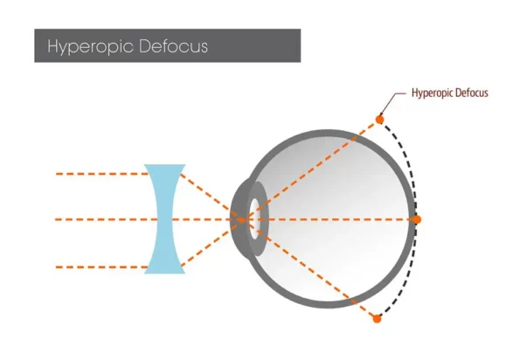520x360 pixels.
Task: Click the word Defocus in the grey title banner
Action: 173,45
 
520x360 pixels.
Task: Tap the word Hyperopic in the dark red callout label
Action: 432,93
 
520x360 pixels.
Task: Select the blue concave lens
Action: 164,219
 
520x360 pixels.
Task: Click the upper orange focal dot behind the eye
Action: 379,120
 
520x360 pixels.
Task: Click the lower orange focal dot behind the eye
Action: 377,319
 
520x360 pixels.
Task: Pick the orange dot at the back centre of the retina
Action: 417,219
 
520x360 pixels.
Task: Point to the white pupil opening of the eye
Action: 254,218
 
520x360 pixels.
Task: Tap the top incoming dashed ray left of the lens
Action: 101,174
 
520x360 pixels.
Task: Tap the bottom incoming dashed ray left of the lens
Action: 101,267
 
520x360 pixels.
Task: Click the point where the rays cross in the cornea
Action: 242,219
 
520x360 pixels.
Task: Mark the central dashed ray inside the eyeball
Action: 331,219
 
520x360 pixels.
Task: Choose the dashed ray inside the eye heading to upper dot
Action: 312,169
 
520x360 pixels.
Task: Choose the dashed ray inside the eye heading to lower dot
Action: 310,269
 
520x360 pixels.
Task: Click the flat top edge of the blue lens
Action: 164,165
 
